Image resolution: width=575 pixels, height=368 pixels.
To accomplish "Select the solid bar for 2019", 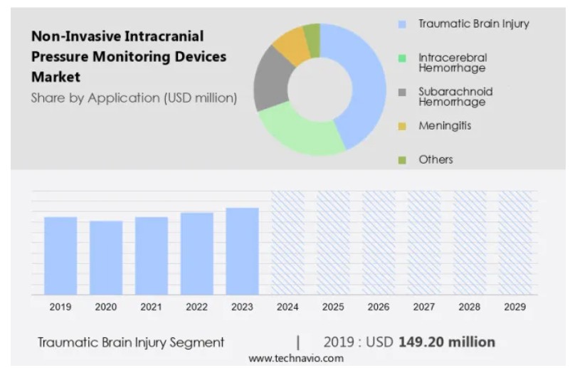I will (60, 256).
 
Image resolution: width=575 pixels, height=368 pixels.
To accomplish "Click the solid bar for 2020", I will (106, 258).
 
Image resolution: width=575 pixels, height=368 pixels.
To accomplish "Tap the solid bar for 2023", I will (242, 251).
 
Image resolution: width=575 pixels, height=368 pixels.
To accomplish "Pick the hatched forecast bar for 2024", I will (287, 243).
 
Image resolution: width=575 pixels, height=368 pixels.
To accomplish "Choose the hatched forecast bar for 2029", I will (515, 243).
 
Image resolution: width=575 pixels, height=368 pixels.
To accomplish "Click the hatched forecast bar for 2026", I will (379, 243).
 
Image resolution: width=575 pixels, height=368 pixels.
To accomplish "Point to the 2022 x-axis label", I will (196, 307).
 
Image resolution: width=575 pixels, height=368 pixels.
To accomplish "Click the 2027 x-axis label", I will (424, 307).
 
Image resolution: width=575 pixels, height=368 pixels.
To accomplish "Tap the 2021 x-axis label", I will (151, 307).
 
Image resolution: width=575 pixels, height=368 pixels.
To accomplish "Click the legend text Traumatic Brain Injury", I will (473, 24).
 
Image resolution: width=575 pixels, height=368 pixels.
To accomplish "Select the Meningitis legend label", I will (445, 126).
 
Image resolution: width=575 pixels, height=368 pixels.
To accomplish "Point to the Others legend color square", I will (402, 160).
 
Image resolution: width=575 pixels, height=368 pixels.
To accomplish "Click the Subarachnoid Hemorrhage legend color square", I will (402, 93).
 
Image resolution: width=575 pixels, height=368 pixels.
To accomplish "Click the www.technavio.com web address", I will (295, 358).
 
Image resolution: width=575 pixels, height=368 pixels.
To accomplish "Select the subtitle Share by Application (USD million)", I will (134, 98).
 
